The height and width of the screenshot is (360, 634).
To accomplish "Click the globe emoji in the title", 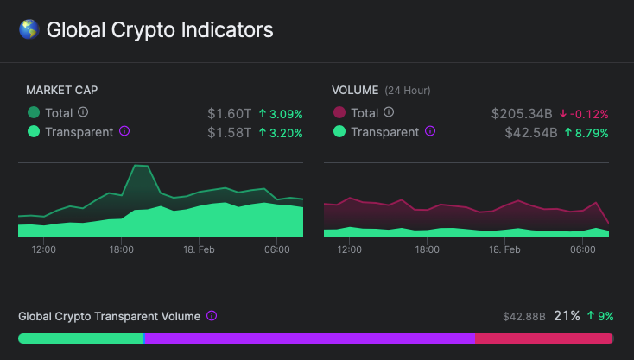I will coord(29,30).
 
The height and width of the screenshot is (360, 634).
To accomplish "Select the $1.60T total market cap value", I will coord(229,113).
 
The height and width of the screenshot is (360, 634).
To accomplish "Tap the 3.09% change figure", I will coord(281,113).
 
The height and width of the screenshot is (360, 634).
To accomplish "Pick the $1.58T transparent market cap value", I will coord(229,132).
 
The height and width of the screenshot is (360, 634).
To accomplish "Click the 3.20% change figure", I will coord(281,132).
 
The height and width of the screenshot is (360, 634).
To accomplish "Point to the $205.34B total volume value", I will coord(522,113).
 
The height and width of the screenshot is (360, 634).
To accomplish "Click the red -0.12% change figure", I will coord(584,113).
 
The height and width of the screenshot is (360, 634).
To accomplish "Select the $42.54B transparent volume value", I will coord(529,132).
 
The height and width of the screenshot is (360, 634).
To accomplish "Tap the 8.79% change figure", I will coord(586,132).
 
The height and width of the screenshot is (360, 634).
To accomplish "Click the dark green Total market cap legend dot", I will coord(34,112).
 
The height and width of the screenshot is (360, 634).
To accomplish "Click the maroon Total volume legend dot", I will coord(339,112).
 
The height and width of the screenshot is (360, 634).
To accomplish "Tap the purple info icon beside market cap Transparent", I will coord(124,131).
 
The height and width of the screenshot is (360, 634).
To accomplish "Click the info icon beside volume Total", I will coord(389,112).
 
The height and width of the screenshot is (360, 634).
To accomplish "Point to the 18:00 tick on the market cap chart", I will coord(121,249).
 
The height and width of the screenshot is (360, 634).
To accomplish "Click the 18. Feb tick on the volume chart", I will coord(504,249).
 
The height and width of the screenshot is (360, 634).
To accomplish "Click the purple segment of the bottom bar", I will coord(308,338).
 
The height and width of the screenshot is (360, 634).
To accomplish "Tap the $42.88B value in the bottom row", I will coord(524,317).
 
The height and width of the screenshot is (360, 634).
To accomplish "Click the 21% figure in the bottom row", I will coord(567,316).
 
